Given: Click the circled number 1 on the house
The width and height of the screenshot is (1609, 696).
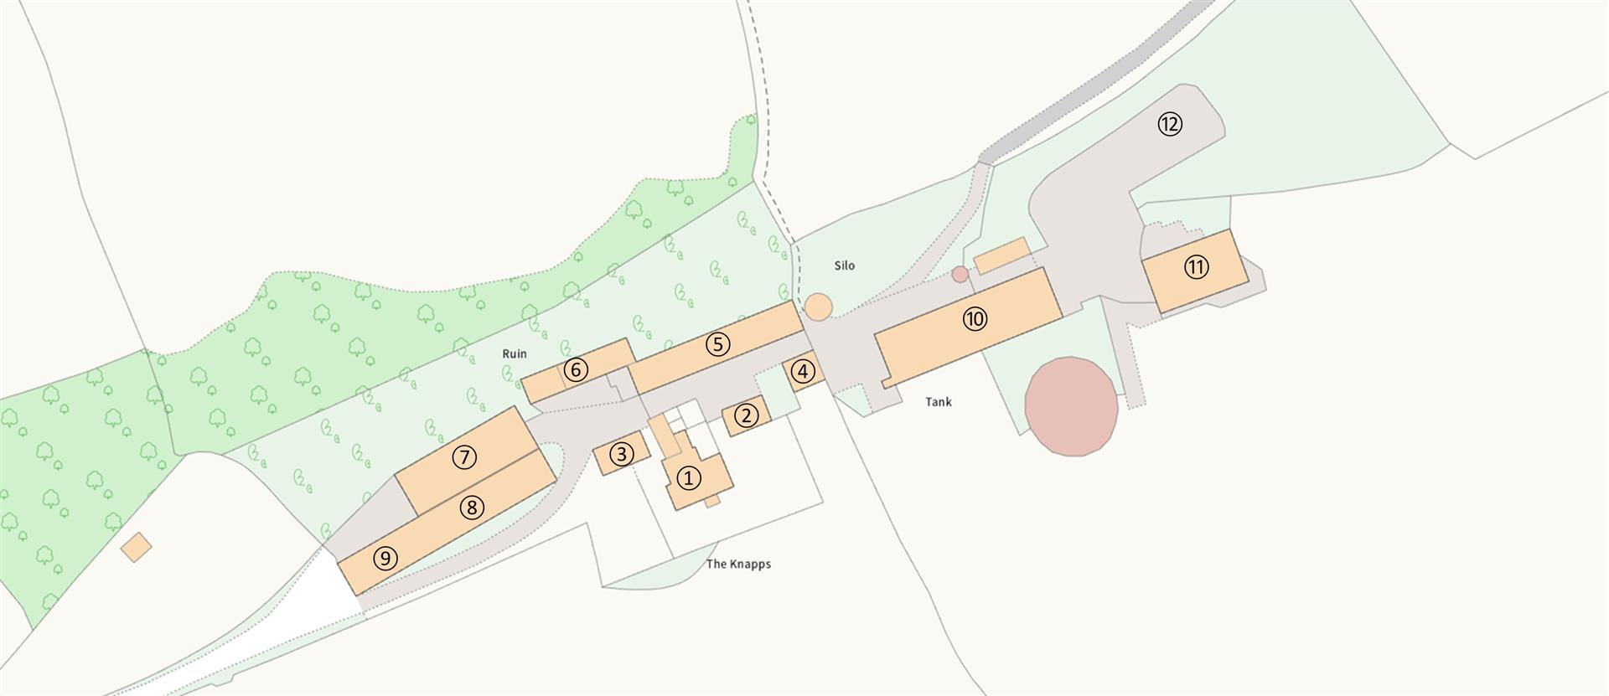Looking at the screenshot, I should click(688, 478).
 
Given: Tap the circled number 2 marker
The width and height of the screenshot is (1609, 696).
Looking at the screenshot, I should click(746, 415).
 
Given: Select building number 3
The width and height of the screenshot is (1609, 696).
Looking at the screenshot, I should click(620, 455).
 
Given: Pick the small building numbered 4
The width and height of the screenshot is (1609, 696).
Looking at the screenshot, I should click(803, 371).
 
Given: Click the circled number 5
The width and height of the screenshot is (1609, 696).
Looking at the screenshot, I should click(718, 344).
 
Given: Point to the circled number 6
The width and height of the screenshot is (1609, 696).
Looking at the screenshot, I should click(575, 369).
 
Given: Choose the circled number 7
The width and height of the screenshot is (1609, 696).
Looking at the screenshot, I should click(464, 456).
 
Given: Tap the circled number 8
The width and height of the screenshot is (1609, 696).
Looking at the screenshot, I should click(472, 507).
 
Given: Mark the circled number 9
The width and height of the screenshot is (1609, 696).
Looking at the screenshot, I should click(385, 559).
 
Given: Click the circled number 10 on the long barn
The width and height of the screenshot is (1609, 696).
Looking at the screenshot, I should click(975, 319).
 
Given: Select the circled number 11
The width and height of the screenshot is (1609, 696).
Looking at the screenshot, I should click(1196, 268).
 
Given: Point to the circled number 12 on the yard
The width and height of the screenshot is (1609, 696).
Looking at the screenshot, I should click(1170, 125).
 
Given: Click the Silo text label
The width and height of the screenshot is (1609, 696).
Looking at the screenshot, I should click(844, 266).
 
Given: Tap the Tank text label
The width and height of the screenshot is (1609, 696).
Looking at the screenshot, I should click(939, 402).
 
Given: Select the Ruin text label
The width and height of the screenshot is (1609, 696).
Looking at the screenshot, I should click(515, 354).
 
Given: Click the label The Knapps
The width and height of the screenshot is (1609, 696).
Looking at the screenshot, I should click(738, 564).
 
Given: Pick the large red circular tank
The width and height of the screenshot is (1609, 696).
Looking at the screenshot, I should click(1072, 406).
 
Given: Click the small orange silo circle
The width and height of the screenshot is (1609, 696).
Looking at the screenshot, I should click(819, 306).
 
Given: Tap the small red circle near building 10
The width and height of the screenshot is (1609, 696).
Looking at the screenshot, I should click(960, 274).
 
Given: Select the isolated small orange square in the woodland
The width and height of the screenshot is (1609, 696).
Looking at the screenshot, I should click(136, 547).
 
